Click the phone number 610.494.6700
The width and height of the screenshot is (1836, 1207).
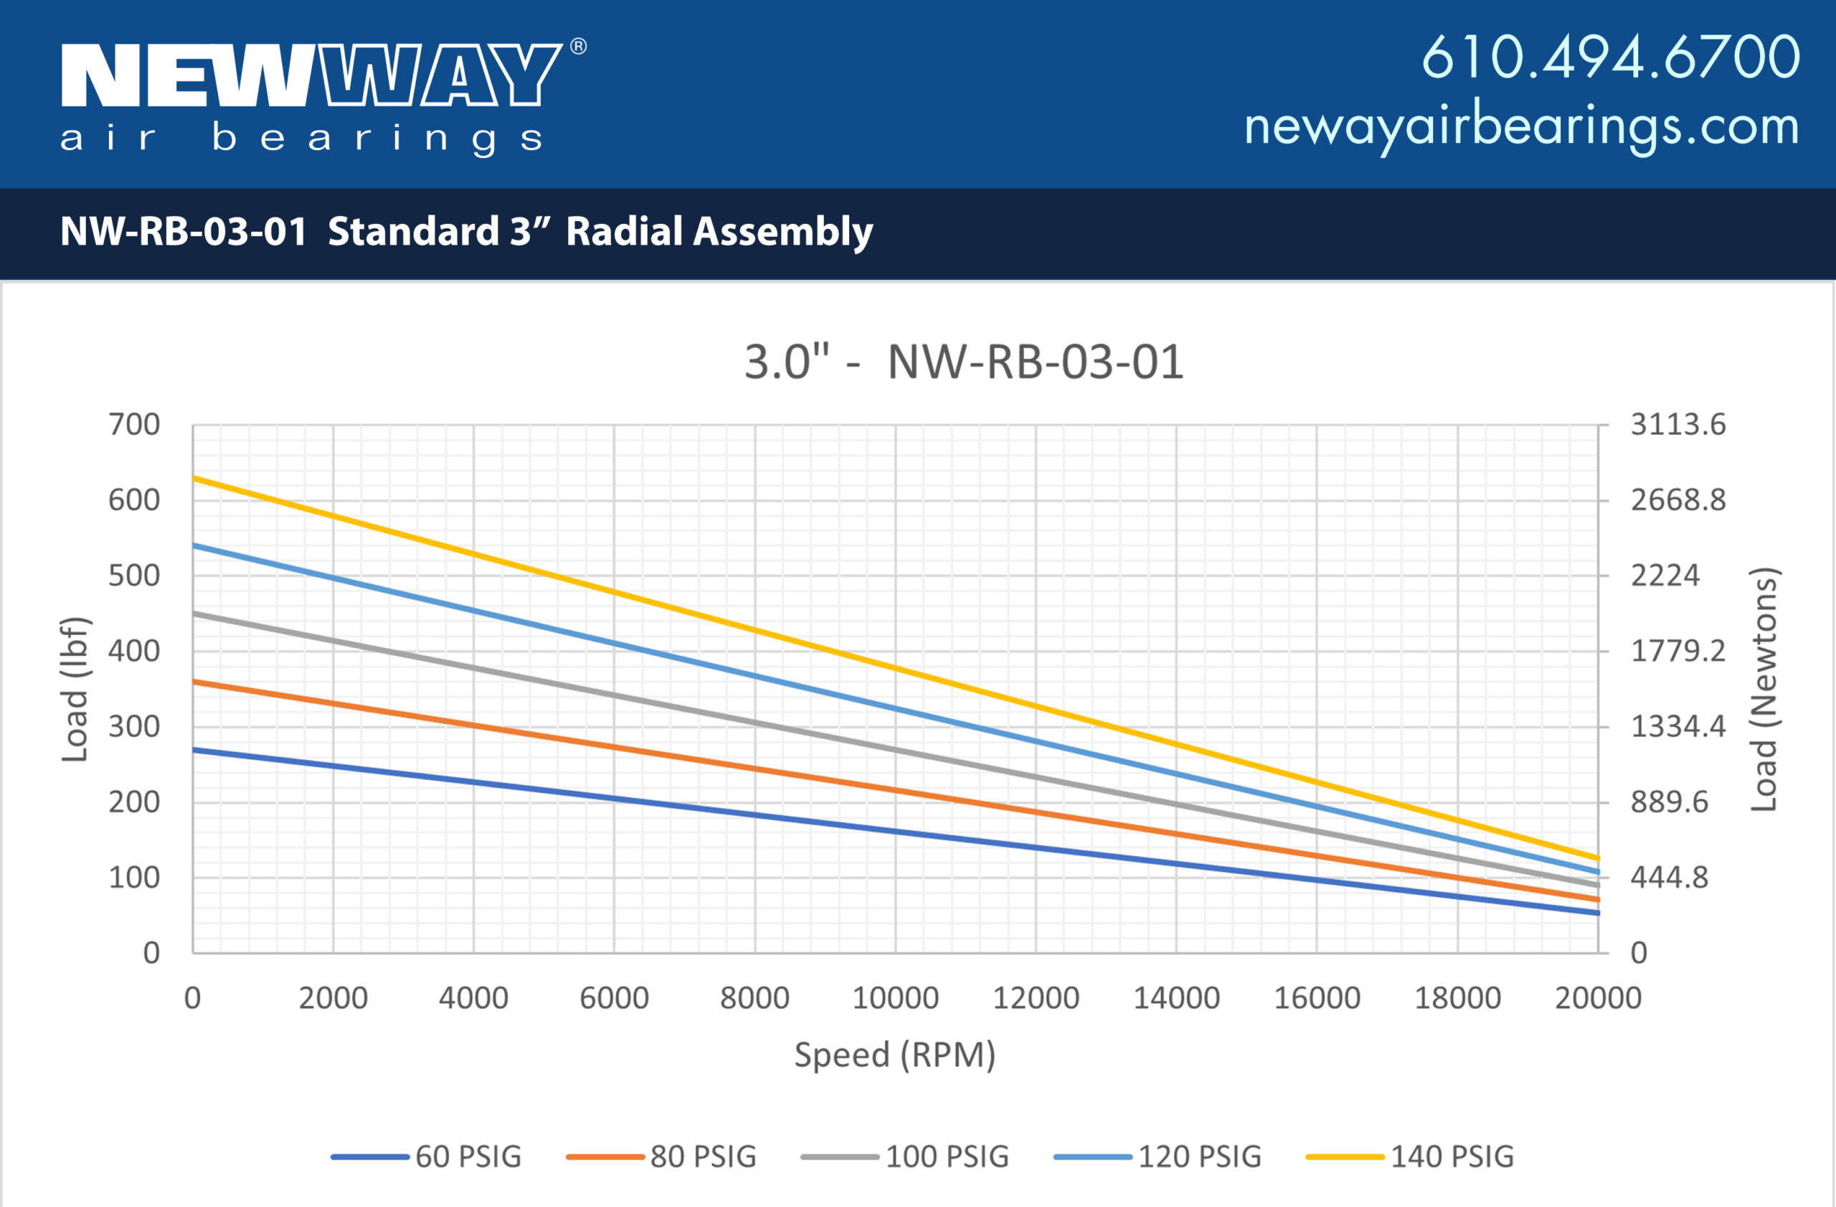point(1610,57)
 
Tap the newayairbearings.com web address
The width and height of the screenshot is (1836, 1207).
point(1521,126)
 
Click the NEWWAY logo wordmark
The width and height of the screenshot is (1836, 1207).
point(312,75)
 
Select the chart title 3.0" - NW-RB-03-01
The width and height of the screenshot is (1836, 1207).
point(963,361)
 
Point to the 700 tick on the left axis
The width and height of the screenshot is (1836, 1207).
point(134,424)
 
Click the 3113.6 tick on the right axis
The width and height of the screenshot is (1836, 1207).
point(1678,424)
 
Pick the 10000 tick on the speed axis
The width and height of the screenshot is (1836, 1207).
point(895,999)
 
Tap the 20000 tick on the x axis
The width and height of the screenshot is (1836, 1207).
point(1598,999)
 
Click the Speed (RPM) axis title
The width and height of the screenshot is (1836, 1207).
point(895,1055)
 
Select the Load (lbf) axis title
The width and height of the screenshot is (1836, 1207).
point(75,689)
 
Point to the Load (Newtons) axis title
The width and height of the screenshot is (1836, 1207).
point(1764,689)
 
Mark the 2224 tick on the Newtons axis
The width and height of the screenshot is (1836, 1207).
point(1665,576)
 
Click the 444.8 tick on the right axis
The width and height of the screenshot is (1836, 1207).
point(1670,878)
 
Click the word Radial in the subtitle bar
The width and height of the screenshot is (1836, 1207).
point(624,232)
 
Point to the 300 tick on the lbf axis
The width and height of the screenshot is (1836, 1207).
point(134,726)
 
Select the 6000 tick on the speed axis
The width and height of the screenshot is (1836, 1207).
point(614,999)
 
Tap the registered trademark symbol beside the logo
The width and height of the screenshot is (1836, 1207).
point(578,47)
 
